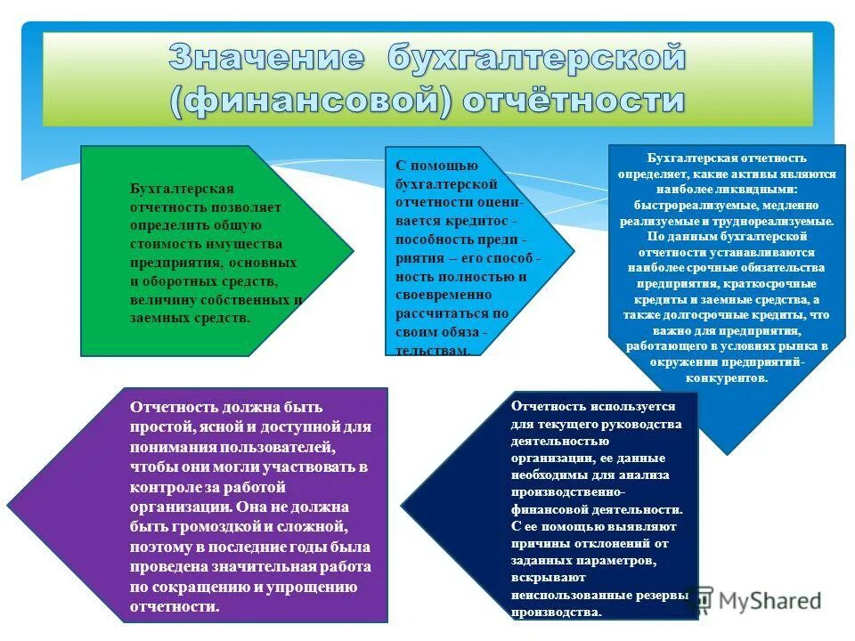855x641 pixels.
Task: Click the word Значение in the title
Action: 266,60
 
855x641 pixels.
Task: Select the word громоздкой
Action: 207,526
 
